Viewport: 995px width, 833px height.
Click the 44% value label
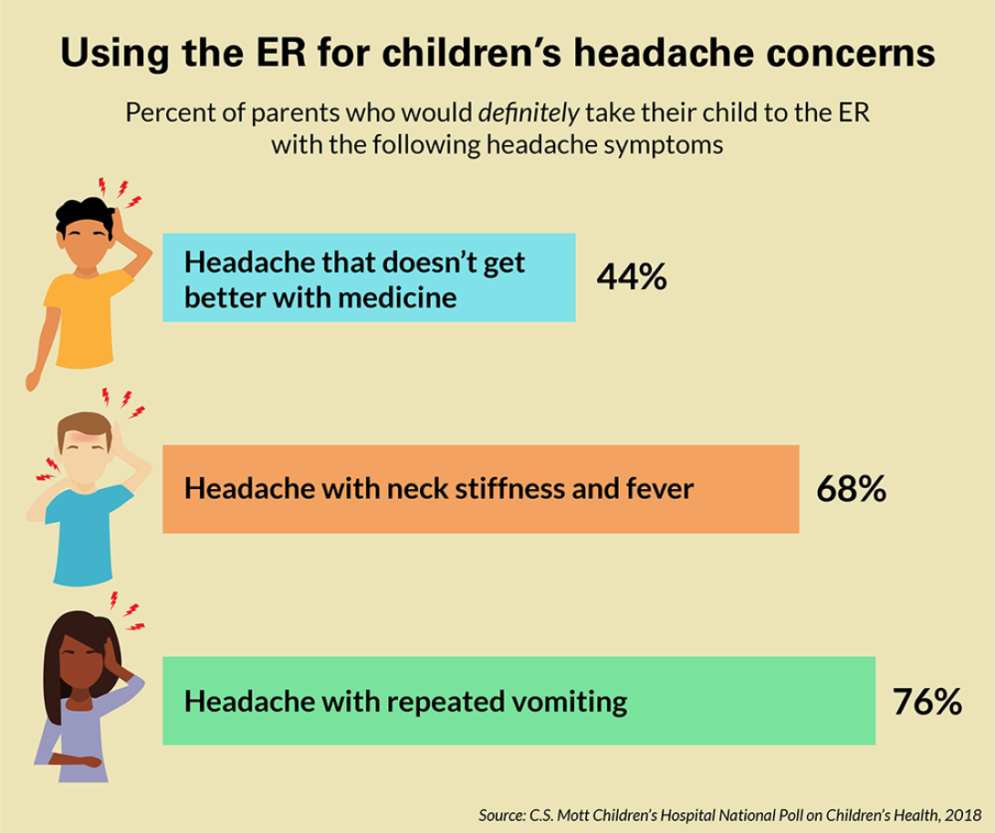point(632,276)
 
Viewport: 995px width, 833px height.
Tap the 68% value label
point(851,489)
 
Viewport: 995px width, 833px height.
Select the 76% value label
point(927,702)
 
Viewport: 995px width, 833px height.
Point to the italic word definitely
point(529,112)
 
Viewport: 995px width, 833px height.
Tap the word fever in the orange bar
point(659,488)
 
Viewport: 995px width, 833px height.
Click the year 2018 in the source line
point(963,815)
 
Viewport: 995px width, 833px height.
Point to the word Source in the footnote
point(501,816)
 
